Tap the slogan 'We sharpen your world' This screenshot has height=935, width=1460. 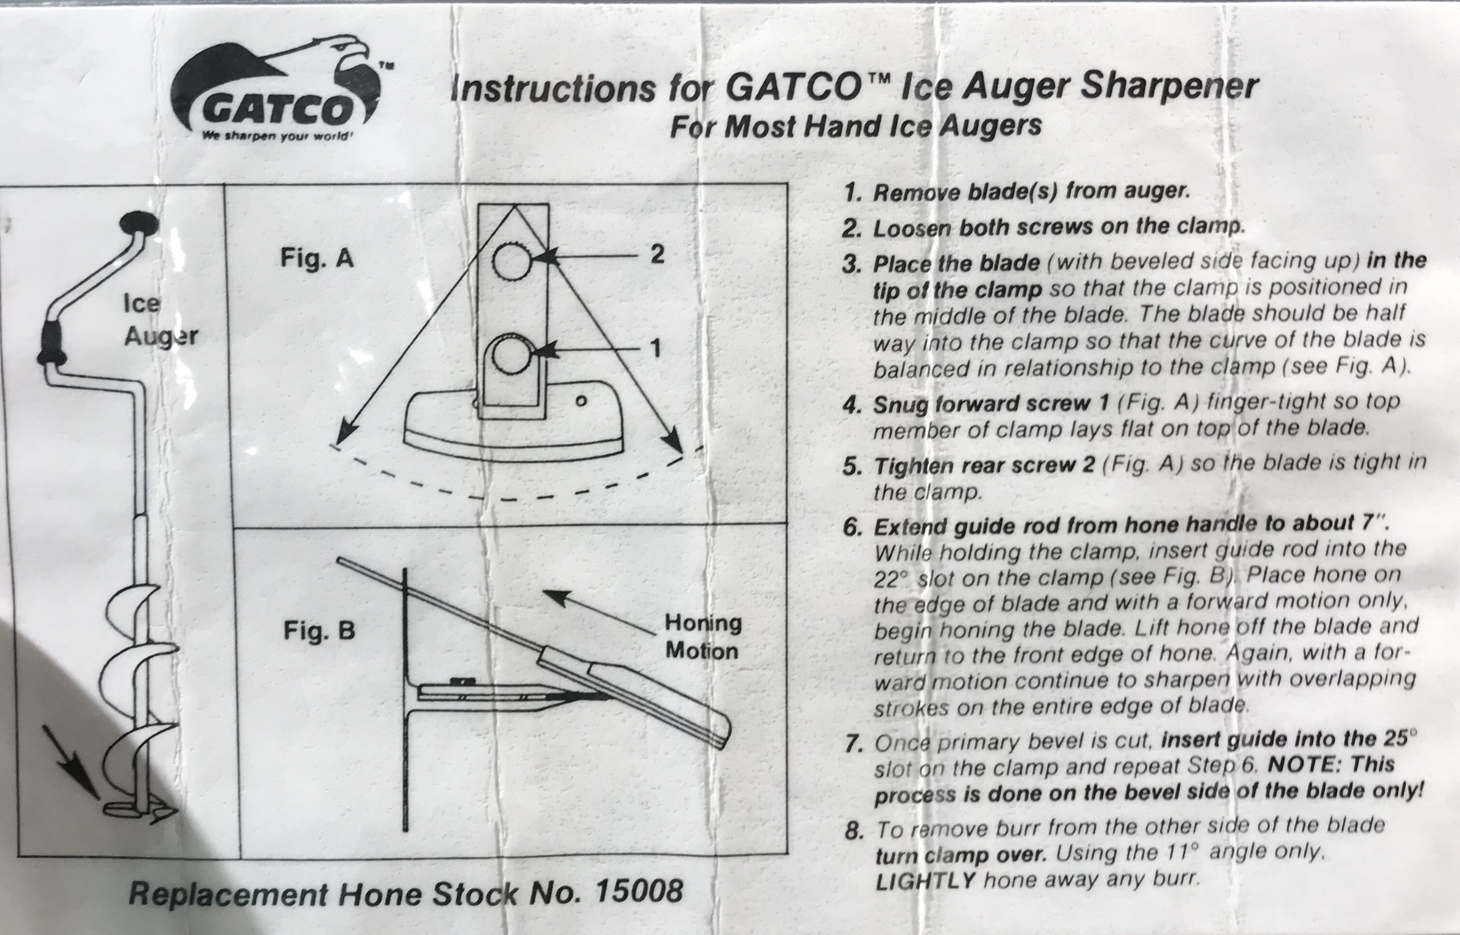point(277,136)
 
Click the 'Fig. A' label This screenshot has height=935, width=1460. point(317,259)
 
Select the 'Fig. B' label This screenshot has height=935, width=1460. point(319,631)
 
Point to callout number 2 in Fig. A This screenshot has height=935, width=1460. point(656,254)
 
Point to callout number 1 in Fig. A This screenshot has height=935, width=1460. point(655,349)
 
